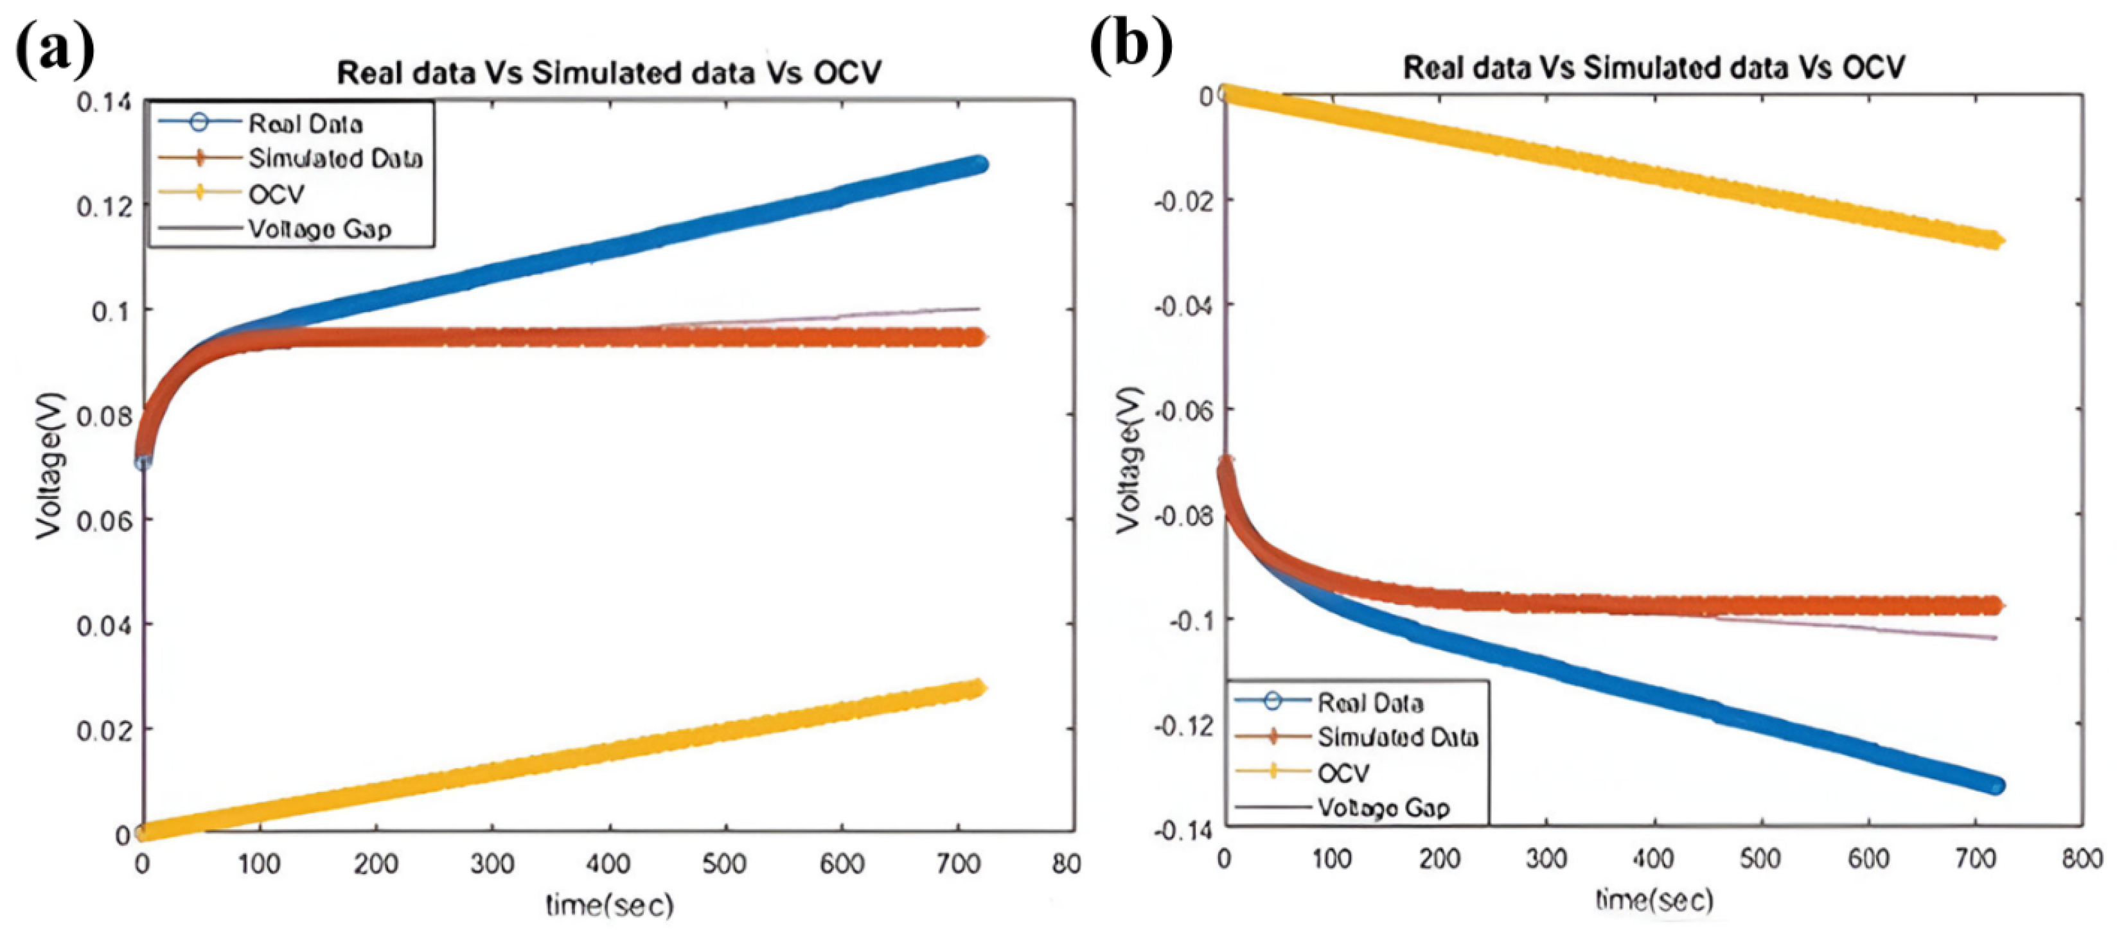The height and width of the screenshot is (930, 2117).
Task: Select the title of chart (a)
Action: pyautogui.click(x=609, y=73)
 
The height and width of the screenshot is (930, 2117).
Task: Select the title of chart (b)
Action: pyautogui.click(x=1654, y=67)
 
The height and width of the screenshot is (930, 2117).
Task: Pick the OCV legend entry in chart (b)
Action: pyautogui.click(x=1343, y=773)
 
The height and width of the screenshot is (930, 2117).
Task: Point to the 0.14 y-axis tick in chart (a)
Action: pyautogui.click(x=103, y=103)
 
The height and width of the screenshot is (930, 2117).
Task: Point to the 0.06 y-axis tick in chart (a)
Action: pyautogui.click(x=103, y=520)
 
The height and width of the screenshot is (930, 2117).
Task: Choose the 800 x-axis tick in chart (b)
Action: pyautogui.click(x=2082, y=859)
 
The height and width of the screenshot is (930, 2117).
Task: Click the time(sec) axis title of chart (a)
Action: pyautogui.click(x=609, y=906)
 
